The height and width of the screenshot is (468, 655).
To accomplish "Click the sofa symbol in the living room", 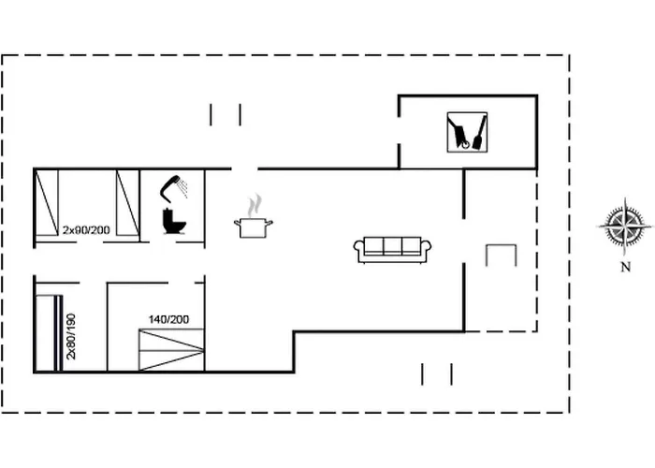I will coord(392,249).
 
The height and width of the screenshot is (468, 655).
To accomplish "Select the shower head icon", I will coord(169,186).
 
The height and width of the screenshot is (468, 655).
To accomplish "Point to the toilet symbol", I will coord(173,222).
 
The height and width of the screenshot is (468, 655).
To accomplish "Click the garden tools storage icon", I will coord(467,132).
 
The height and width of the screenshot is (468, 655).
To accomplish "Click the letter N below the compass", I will coord(624,267).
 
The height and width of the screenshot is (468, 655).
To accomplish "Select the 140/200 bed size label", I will coord(168,319).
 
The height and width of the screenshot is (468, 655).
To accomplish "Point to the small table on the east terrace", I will coord(501,254).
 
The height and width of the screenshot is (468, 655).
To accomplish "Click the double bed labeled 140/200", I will coord(171,348).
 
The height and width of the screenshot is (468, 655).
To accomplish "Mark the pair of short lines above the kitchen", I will coord(226,114).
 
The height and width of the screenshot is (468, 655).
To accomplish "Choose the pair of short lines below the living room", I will coord(437,374).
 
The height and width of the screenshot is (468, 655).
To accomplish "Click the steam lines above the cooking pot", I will coord(254,204).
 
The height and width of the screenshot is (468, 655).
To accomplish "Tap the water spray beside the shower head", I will coord(183,188).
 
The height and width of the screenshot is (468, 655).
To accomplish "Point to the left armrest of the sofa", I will coord(359,250).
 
